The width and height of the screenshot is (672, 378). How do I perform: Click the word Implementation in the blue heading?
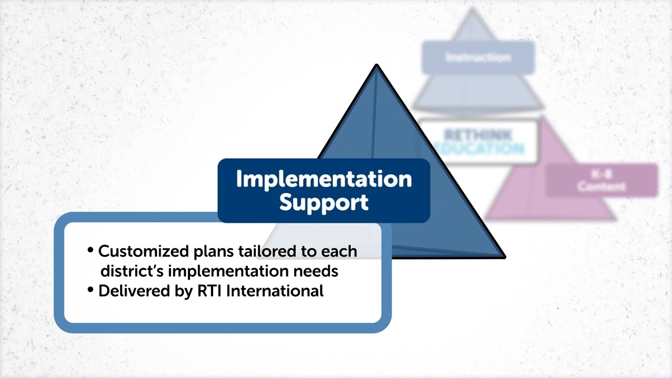coord(323,180)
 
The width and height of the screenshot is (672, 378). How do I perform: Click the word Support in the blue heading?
coord(323,203)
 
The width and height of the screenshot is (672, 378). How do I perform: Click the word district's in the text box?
coord(131,271)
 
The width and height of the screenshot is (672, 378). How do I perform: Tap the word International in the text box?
coord(275,291)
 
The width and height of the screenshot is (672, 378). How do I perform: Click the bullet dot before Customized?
coord(91,250)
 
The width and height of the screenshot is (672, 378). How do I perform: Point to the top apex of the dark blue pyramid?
coord(376,66)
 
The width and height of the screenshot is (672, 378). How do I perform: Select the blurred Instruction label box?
coord(478,57)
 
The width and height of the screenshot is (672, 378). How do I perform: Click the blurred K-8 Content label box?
coord(602,180)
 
